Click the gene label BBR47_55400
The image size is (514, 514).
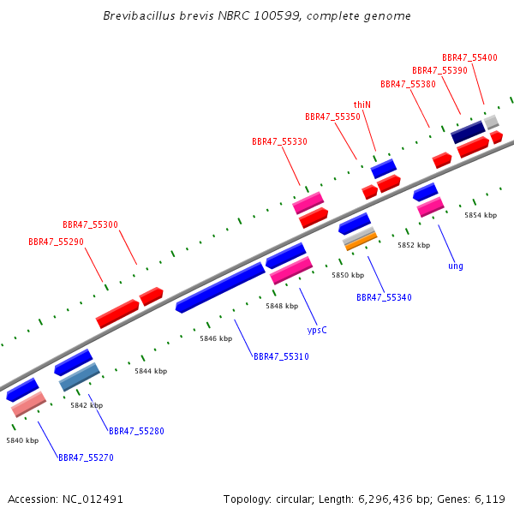[x=469, y=57]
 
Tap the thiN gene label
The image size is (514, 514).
[x=362, y=105]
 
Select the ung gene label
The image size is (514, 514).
[x=456, y=266]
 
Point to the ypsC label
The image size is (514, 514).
[x=317, y=330]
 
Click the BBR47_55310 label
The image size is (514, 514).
[x=281, y=356]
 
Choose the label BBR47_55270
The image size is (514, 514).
[x=86, y=457]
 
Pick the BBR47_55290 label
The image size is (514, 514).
[x=56, y=242]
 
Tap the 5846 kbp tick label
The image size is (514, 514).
[x=216, y=338]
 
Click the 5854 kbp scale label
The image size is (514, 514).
[x=481, y=215]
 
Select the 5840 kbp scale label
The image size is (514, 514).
[x=22, y=440]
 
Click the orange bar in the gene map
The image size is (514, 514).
[x=362, y=242]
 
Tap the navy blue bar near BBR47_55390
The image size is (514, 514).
[x=468, y=132]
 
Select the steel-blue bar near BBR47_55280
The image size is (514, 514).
[x=80, y=377]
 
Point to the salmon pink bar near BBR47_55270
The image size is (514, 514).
[x=28, y=404]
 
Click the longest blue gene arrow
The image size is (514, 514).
[x=220, y=288]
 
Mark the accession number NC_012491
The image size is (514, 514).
[x=93, y=499]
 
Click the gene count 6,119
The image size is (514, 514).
[x=490, y=499]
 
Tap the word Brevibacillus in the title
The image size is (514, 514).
[x=140, y=15]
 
